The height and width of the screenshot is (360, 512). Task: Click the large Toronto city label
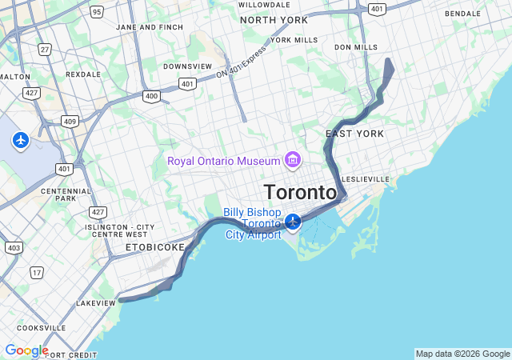(300, 193)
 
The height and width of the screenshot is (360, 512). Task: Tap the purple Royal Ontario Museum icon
(292, 161)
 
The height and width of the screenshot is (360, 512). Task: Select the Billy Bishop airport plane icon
(293, 221)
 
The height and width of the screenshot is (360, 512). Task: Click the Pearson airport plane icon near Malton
(21, 140)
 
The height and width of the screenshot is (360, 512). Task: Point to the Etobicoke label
(154, 248)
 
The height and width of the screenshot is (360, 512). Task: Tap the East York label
(354, 134)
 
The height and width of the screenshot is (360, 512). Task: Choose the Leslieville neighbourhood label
(365, 178)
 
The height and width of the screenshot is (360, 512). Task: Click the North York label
(274, 20)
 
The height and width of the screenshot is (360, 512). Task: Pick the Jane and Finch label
(150, 27)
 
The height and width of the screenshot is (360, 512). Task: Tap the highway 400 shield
(150, 96)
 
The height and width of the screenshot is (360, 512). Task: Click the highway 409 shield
(70, 122)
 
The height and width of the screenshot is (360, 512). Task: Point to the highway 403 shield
(14, 248)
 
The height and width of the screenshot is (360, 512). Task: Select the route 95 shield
(97, 11)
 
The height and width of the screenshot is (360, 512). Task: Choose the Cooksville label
(41, 328)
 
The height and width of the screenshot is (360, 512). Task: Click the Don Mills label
(356, 47)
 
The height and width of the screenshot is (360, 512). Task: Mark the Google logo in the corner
(26, 350)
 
